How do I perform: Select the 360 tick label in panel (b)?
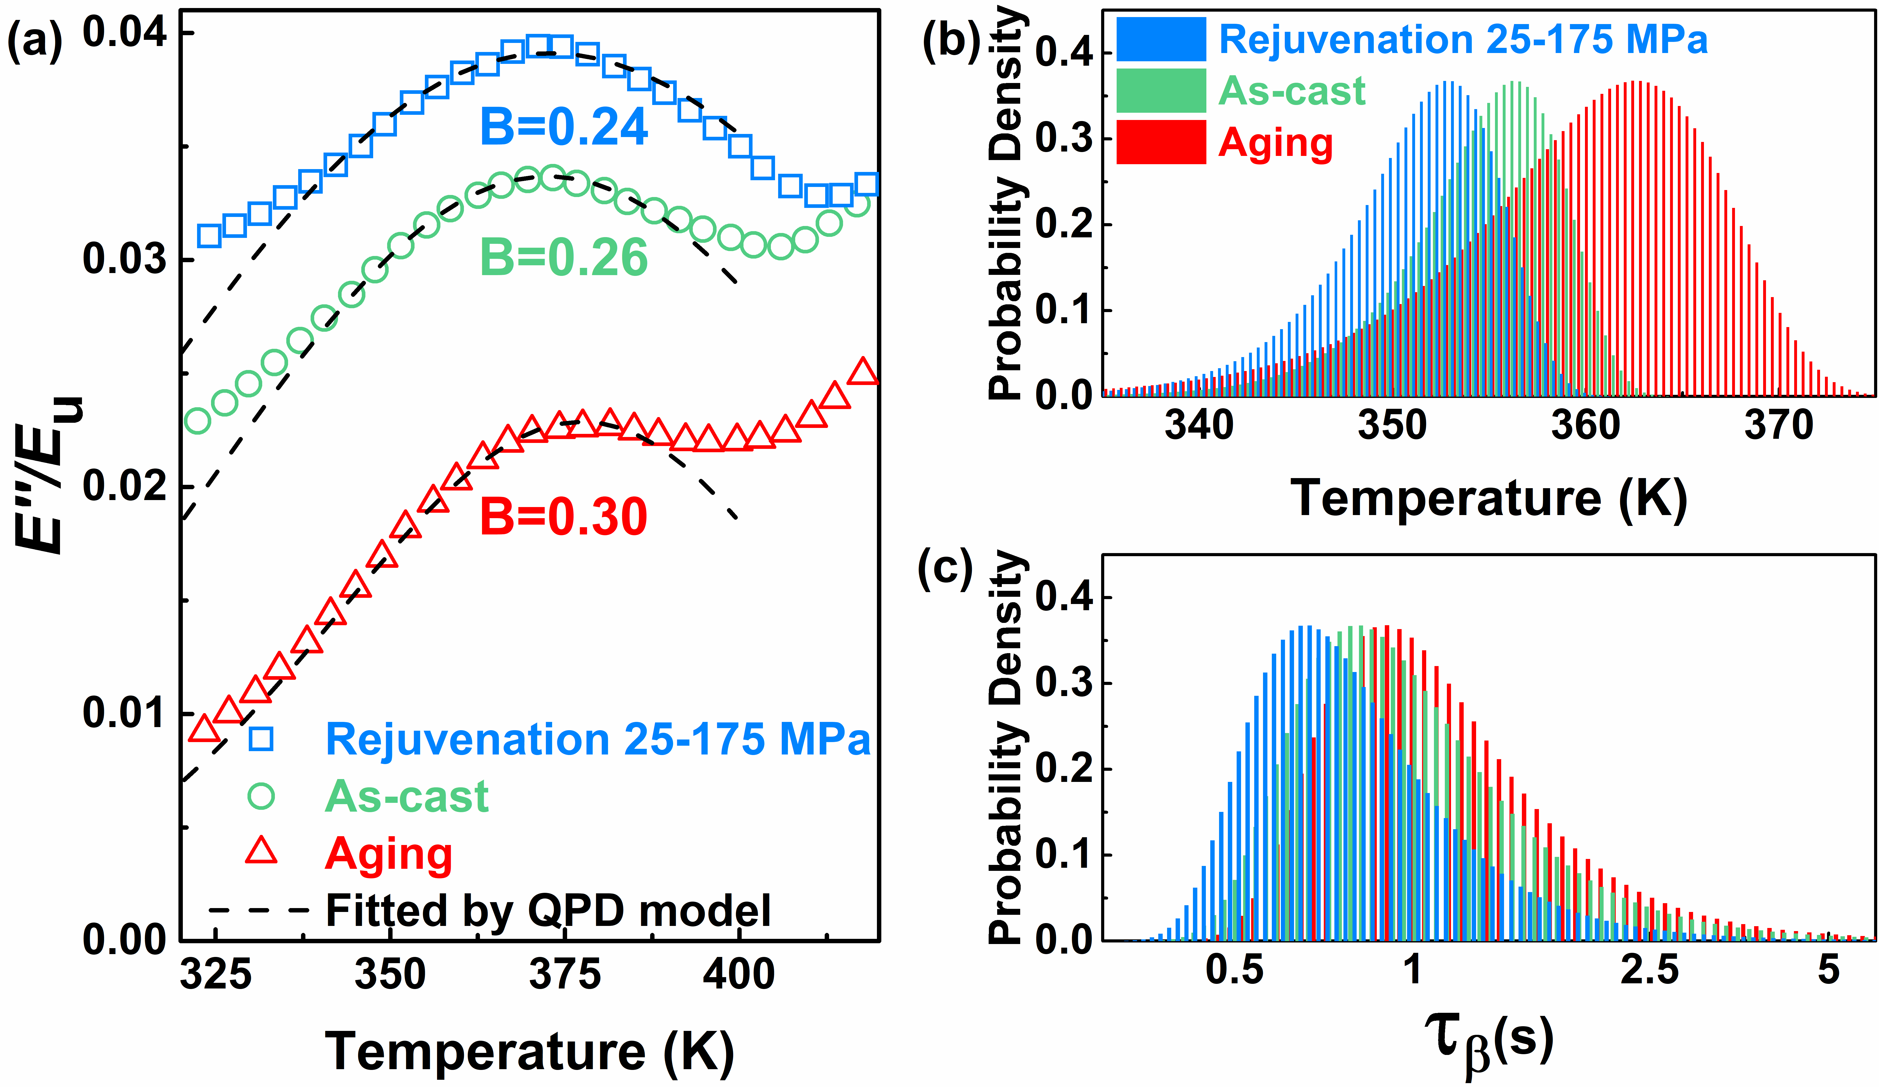click(x=1585, y=426)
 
